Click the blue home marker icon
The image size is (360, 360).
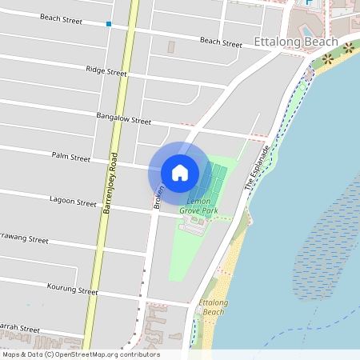coord(180,172)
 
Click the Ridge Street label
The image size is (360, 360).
coord(106,71)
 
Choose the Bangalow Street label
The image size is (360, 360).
coord(123,119)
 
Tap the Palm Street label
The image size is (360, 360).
coord(71,158)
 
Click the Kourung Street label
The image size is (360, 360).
coord(72,290)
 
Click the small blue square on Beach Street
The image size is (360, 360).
coord(108,24)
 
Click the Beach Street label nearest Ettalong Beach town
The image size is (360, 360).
coord(221,42)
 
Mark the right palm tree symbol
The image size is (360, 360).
coord(350,50)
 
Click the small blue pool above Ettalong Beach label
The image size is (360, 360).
coord(309,3)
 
